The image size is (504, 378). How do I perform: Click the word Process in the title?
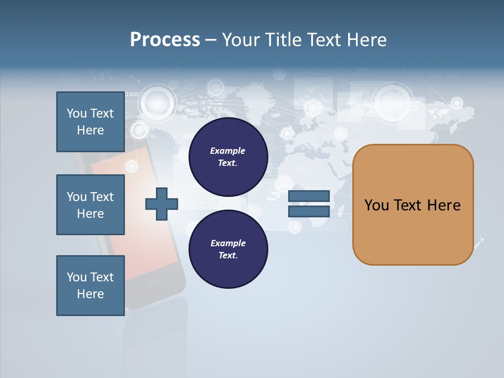point(165,40)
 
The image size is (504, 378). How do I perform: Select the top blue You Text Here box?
point(90,122)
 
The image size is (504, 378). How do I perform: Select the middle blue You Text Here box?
point(90,205)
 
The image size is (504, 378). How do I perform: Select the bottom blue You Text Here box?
point(90,285)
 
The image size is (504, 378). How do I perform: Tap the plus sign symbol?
point(162,203)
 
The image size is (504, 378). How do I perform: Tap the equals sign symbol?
point(309,204)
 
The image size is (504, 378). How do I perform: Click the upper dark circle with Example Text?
point(228,157)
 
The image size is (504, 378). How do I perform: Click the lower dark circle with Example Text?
point(228,249)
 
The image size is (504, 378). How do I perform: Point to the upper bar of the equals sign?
point(309,196)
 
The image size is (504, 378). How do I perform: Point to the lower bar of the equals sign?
point(309,212)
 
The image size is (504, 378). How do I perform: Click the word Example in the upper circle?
point(227,151)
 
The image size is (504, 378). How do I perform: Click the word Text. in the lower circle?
point(228,256)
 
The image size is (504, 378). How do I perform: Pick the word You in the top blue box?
point(76,113)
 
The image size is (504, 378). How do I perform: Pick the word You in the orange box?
point(376,205)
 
